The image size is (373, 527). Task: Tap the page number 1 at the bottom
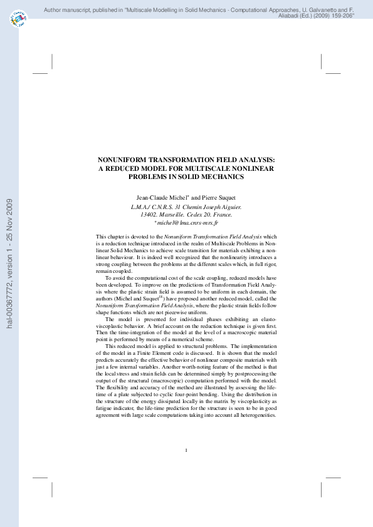coord(186,451)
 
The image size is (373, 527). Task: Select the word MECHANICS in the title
coord(224,177)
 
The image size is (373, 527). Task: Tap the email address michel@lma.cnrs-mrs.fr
coord(187,222)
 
